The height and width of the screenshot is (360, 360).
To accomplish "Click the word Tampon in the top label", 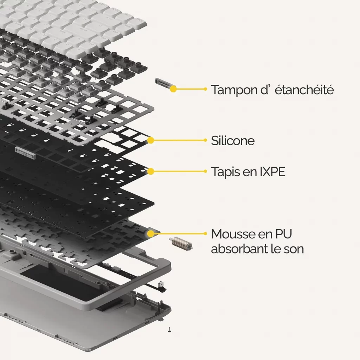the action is pos(233,90).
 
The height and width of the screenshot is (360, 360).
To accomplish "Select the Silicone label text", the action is pos(233,141).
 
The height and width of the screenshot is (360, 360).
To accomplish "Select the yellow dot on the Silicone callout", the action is pos(150,140).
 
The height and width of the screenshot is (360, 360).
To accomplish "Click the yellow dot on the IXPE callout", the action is pos(150,171).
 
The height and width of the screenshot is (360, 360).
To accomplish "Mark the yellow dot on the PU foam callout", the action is pos(150,234).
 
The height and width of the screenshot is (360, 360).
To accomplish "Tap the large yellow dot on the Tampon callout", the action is pos(173,89).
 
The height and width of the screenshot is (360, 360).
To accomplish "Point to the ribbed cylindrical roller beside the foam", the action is pos(181,243).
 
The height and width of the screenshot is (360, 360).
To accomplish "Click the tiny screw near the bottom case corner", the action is pos(169,330).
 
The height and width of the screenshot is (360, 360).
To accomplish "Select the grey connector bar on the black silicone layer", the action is pos(26,153).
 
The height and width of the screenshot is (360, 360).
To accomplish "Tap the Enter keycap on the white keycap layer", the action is pos(83,30).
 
